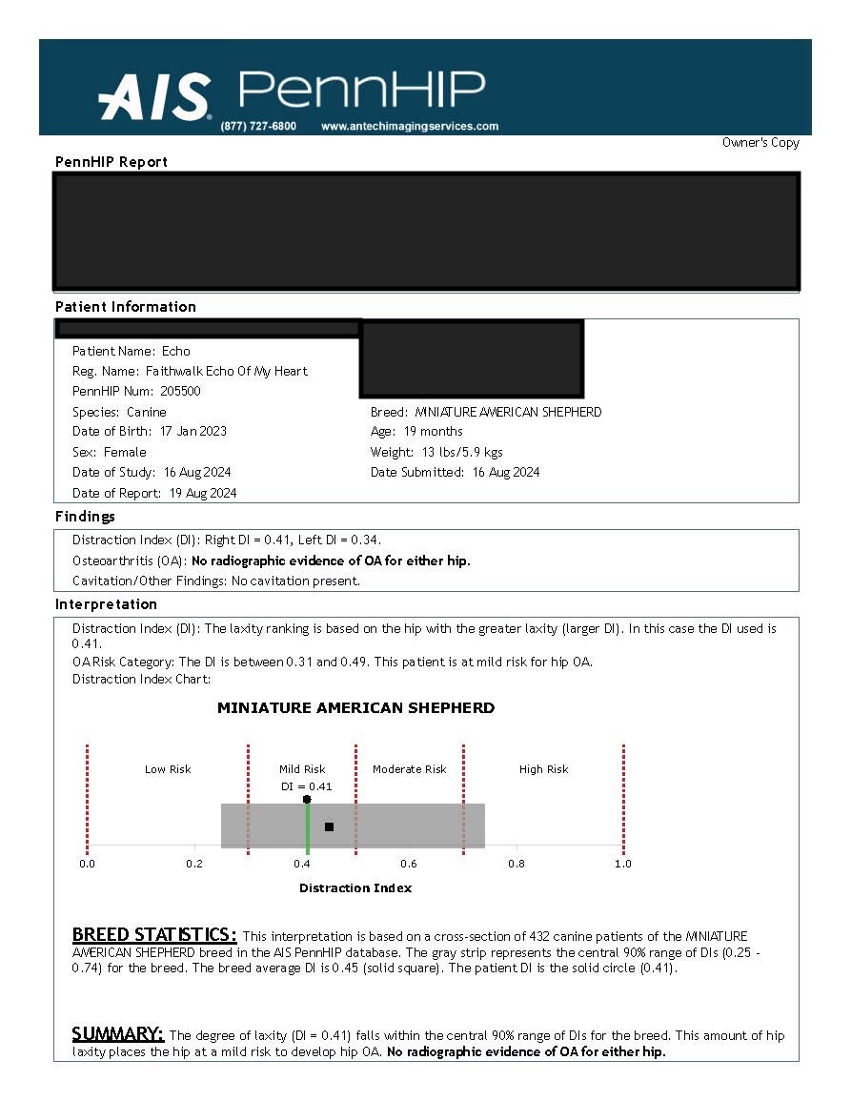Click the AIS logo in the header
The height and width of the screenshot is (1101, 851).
point(154,97)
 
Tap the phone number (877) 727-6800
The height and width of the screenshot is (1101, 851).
point(258,126)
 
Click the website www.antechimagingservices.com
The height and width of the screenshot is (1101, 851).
point(410,126)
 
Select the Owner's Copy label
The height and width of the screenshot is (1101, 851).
point(760,143)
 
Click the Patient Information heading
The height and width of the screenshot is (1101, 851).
point(126,307)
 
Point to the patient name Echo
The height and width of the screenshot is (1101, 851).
point(176,351)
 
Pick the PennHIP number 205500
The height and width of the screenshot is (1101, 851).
point(181,391)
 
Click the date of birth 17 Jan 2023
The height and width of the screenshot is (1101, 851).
point(193,431)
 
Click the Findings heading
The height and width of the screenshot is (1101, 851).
point(85,517)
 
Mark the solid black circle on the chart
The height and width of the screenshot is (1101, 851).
point(307,799)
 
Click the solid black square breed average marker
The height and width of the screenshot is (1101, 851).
point(329,826)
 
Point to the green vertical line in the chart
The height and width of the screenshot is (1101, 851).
point(307,829)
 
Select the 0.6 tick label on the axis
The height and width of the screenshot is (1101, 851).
point(409,864)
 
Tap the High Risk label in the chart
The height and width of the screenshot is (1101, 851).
point(543,769)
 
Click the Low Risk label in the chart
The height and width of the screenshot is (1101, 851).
point(168,769)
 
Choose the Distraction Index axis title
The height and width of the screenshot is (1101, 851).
point(355,888)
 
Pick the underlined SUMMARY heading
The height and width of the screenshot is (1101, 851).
point(118,1034)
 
